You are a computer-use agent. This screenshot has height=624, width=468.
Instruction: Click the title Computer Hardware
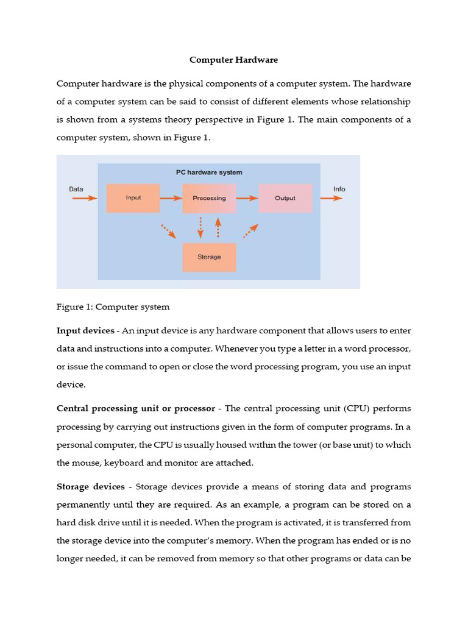(233, 60)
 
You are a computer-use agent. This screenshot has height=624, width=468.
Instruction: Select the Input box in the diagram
(133, 198)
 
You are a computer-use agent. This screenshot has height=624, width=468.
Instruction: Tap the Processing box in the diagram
(209, 198)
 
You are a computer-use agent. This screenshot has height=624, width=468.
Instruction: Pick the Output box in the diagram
(285, 198)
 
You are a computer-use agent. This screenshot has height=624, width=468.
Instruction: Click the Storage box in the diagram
(209, 257)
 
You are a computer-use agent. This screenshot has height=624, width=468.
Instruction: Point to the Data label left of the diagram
(76, 189)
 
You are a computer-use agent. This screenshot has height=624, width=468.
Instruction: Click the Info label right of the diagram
(339, 189)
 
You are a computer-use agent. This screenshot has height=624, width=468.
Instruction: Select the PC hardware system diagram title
(209, 172)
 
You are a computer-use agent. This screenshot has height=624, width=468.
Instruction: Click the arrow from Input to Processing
(171, 198)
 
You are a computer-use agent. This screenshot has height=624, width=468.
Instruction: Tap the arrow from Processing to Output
(247, 198)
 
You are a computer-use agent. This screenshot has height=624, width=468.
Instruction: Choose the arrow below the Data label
(84, 198)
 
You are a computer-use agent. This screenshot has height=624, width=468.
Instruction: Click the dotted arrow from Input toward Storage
(168, 231)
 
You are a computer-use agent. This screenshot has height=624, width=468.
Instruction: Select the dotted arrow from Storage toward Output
(250, 230)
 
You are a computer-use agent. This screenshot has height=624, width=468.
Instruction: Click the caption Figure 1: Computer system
(113, 307)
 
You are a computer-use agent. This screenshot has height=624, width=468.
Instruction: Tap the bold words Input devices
(85, 330)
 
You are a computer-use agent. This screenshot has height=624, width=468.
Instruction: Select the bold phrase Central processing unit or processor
(136, 408)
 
